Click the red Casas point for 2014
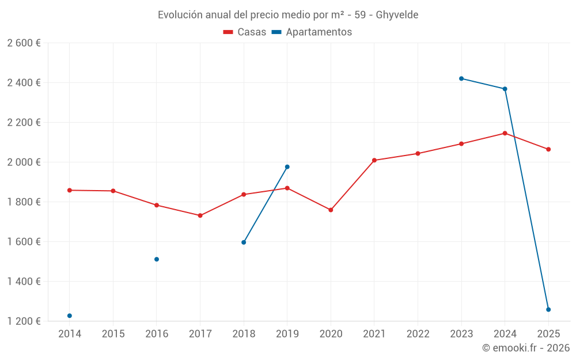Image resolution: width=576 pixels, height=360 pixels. click(x=70, y=190)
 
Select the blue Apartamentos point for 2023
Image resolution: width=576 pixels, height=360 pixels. click(x=461, y=78)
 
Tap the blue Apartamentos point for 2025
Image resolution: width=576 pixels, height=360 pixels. click(x=548, y=309)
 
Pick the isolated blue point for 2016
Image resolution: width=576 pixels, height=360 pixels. click(x=157, y=259)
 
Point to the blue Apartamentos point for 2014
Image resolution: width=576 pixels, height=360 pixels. click(x=70, y=316)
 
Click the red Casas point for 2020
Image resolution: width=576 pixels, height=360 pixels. click(x=331, y=210)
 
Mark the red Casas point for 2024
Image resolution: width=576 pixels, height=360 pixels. click(x=505, y=133)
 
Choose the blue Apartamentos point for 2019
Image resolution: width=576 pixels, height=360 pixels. click(x=287, y=167)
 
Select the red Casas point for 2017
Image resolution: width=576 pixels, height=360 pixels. click(x=200, y=215)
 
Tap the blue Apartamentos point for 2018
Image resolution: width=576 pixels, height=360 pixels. click(x=244, y=242)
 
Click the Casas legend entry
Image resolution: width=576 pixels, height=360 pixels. click(x=245, y=32)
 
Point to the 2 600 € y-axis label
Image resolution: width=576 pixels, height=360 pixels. click(x=24, y=43)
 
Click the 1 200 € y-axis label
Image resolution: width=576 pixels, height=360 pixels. click(x=24, y=321)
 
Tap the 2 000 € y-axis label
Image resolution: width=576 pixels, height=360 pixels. click(x=24, y=162)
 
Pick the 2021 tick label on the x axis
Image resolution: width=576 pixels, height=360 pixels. click(x=374, y=334)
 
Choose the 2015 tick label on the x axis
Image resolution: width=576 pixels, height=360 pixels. click(x=113, y=334)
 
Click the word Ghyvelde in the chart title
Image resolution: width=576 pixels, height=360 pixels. click(x=397, y=14)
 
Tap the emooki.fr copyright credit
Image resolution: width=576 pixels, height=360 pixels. click(x=526, y=348)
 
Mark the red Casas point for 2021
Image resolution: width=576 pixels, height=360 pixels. click(x=374, y=160)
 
